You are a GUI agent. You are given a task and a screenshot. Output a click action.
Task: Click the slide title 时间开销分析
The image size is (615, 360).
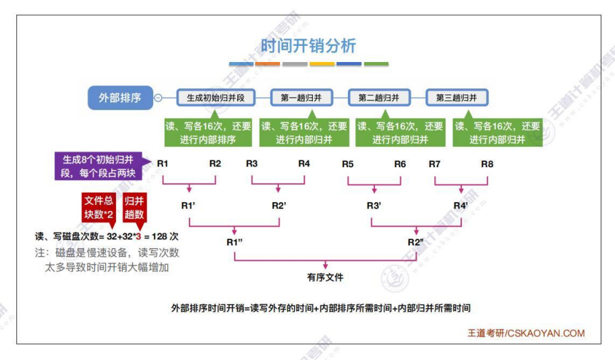pos(307,46)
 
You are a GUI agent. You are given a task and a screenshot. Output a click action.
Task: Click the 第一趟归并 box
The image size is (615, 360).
pos(301,98)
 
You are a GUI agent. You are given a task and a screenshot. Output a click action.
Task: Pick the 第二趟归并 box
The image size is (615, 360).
pos(379,98)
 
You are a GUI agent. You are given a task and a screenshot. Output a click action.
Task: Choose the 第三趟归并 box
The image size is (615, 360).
pos(457,98)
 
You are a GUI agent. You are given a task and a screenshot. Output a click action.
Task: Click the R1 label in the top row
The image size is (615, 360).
pos(163,163)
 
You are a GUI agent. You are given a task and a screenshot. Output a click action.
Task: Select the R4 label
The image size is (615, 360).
pos(304,163)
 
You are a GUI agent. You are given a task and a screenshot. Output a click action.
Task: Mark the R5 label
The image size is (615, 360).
pos(348,163)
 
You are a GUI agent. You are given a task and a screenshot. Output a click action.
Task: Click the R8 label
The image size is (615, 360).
pos(487,163)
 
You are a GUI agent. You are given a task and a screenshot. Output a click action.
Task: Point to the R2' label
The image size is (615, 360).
pos(279,205)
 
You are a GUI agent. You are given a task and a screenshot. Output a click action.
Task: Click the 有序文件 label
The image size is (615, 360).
pos(326,276)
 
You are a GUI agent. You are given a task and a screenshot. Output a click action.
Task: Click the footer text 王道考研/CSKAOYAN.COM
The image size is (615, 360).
pos(527,333)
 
